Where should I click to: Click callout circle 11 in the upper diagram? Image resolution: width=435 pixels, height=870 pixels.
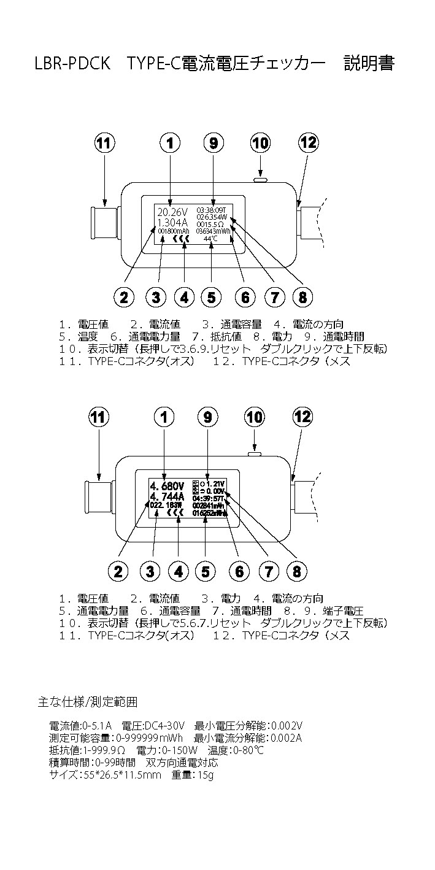[x=105, y=143]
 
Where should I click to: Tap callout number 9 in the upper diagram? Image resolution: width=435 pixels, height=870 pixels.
[x=213, y=143]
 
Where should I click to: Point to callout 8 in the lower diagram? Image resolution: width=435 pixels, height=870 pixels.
[x=296, y=572]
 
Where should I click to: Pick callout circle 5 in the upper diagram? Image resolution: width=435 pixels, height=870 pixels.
[x=211, y=298]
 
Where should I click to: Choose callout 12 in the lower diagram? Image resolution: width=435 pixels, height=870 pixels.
[x=302, y=417]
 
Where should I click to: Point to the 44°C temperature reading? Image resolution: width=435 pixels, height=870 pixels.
[x=212, y=239]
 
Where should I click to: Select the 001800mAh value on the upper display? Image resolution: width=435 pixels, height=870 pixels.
[x=172, y=232]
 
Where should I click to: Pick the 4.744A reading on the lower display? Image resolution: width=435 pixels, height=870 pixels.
[x=166, y=496]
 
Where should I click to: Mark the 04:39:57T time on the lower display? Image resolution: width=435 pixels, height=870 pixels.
[x=209, y=498]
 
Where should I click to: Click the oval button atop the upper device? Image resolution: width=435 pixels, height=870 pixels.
[x=260, y=180]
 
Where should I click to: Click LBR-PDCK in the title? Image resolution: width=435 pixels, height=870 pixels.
[x=72, y=63]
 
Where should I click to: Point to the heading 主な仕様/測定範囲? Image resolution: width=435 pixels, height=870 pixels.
[x=87, y=700]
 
